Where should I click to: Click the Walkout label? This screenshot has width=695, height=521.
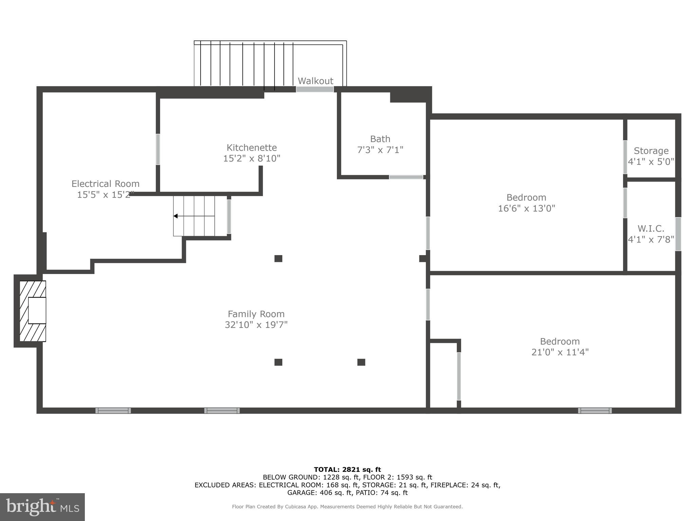pos(315,81)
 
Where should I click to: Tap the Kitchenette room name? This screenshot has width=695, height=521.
pos(251,148)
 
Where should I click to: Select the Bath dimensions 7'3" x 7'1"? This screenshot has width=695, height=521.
pos(380,150)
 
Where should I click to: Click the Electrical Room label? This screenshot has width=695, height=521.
pos(105,184)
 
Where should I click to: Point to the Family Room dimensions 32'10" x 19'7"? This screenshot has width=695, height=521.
pos(256,325)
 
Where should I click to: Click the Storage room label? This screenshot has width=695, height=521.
pos(651,151)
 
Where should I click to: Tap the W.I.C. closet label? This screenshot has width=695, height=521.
pos(651,229)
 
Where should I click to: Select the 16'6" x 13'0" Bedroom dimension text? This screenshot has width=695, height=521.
pos(526,208)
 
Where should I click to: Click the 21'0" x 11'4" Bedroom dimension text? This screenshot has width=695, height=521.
pos(560,352)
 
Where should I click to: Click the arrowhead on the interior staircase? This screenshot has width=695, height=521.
pos(175,216)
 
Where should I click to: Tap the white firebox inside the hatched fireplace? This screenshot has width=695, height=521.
pos(37,310)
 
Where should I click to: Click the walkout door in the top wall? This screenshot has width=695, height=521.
pos(315,89)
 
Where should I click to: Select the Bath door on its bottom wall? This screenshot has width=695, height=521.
pos(406,177)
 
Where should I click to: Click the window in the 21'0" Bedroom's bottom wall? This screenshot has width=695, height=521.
pos(595,410)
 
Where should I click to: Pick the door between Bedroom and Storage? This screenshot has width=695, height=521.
pos(625,157)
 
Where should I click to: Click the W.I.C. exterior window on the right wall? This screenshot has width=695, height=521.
pos(678,234)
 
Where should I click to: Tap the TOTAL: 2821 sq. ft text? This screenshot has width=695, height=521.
pos(347,469)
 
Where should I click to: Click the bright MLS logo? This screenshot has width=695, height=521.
pos(42,507)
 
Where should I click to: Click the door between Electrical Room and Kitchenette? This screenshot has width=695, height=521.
pos(158,149)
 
